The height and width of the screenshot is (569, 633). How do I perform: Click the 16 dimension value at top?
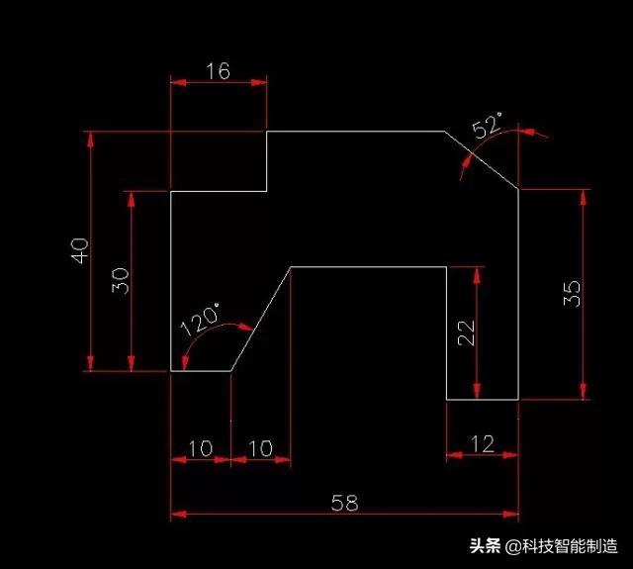click(x=218, y=70)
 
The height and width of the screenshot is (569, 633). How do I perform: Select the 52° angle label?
click(x=488, y=128)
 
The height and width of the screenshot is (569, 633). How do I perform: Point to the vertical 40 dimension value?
click(x=80, y=249)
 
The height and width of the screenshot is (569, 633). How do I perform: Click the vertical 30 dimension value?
click(x=120, y=281)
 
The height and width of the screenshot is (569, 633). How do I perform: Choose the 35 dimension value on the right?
click(x=572, y=293)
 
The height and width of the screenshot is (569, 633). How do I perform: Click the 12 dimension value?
click(x=482, y=443)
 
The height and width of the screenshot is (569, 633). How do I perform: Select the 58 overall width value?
click(x=344, y=503)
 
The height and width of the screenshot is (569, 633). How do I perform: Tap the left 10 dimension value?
click(x=200, y=448)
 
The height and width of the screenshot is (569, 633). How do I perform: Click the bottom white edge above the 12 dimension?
click(x=483, y=400)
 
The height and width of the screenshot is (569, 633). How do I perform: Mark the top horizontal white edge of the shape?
click(x=356, y=131)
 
